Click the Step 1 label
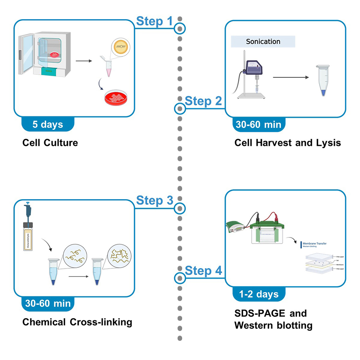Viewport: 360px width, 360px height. tap(155, 22)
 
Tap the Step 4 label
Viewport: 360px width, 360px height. tap(203, 271)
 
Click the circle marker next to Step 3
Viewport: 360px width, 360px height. tap(180, 208)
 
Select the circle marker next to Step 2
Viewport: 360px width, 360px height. tap(180, 108)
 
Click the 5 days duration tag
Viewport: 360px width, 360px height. tap(48, 125)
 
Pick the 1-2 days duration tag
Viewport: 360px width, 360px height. tap(259, 294)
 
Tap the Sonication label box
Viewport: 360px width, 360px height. tap(263, 42)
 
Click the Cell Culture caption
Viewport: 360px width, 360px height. tap(50, 142)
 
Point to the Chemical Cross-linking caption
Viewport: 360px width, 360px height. tap(77, 322)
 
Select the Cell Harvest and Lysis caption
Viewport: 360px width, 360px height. tap(287, 142)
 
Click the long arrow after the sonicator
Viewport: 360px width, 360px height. tap(291, 77)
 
